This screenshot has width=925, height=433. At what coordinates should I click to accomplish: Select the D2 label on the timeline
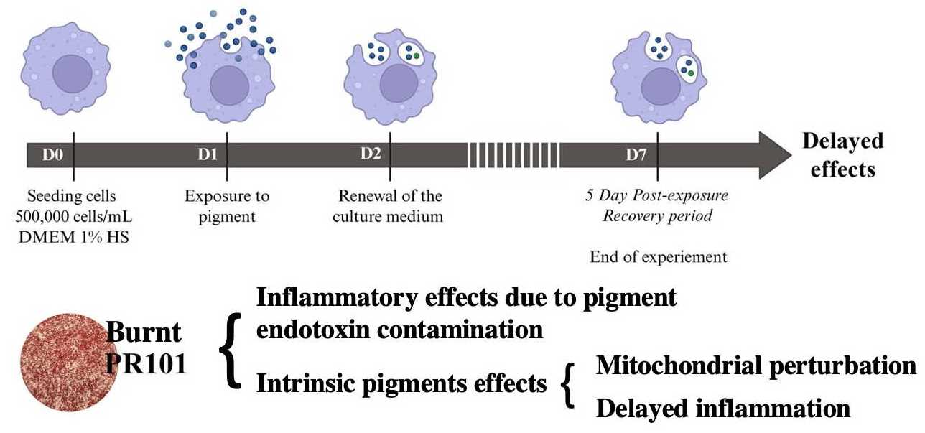pyautogui.click(x=371, y=154)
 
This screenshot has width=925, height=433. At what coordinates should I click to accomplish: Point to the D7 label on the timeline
pyautogui.click(x=636, y=154)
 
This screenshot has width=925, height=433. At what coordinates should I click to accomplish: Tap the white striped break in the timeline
pyautogui.click(x=513, y=154)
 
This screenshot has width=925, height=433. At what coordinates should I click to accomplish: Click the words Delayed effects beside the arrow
pyautogui.click(x=842, y=155)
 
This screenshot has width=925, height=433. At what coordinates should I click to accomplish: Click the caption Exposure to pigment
pyautogui.click(x=227, y=206)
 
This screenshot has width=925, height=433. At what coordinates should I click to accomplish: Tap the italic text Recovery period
pyautogui.click(x=656, y=216)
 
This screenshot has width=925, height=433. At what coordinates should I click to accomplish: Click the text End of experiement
pyautogui.click(x=659, y=256)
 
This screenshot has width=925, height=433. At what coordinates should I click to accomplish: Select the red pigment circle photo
pyautogui.click(x=60, y=360)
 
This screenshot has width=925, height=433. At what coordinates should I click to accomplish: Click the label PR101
pyautogui.click(x=147, y=363)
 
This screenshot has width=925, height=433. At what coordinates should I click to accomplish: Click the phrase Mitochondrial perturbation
pyautogui.click(x=756, y=366)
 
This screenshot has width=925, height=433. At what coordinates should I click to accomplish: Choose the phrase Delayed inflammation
pyautogui.click(x=723, y=409)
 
